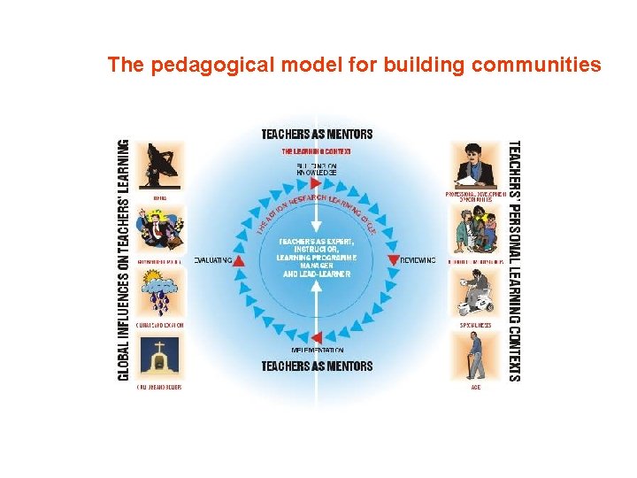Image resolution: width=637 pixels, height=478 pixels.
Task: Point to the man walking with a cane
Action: [x=475, y=357]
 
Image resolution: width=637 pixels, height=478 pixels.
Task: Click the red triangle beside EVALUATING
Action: [x=239, y=260]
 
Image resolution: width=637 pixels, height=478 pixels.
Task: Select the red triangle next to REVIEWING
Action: [x=394, y=260]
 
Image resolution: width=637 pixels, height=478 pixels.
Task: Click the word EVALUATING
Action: [x=212, y=260]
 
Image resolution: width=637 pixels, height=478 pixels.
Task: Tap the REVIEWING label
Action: [x=418, y=260]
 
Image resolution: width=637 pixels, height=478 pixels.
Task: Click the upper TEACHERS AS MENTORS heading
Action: [x=317, y=135]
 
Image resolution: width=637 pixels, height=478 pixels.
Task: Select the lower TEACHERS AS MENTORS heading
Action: [x=317, y=366]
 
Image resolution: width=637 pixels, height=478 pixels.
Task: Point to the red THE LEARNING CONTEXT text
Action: [x=317, y=151]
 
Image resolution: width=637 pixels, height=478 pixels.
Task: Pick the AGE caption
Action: [x=475, y=387]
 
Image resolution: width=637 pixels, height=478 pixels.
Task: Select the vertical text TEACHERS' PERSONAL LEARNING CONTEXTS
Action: [x=513, y=260]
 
